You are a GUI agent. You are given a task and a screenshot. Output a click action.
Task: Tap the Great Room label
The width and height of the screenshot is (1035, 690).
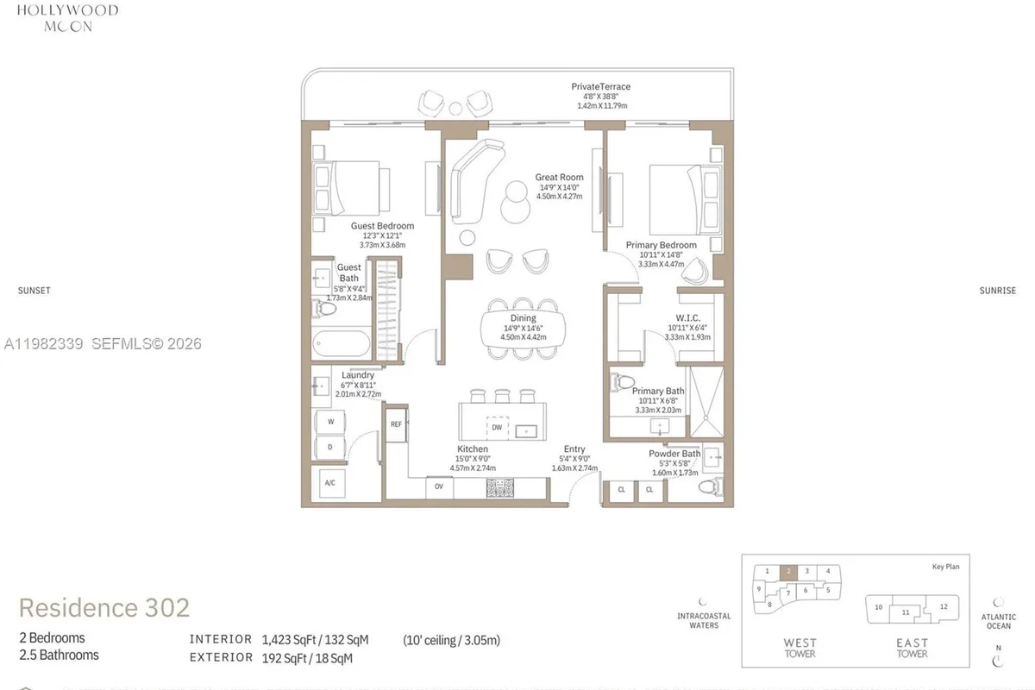tap(559, 177)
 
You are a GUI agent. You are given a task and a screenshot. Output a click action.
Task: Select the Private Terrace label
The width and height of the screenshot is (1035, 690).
tap(601, 86)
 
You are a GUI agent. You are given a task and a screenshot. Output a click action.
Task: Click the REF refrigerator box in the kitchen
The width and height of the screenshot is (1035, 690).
tap(397, 424)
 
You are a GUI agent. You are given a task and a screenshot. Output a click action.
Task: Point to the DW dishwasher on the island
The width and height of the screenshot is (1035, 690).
tap(497, 427)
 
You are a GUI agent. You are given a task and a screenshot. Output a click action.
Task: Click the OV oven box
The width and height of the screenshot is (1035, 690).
tap(438, 487)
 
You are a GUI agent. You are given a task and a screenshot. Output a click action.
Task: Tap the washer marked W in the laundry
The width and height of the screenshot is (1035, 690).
tap(329, 422)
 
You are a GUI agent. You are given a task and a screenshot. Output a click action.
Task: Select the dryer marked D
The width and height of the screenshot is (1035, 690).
tap(329, 447)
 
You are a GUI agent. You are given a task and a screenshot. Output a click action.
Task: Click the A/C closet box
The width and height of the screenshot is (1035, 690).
tap(329, 483)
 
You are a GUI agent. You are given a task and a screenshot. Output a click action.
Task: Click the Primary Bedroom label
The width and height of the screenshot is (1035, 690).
tap(662, 245)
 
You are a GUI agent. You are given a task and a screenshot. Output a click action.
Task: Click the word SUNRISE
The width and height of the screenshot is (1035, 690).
tap(997, 291)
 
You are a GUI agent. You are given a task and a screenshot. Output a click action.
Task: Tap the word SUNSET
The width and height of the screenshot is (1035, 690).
tap(34, 291)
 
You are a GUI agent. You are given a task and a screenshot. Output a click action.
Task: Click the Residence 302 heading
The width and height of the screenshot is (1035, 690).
tap(104, 607)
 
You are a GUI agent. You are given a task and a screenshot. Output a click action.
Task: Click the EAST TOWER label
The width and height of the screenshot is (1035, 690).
tap(912, 648)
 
